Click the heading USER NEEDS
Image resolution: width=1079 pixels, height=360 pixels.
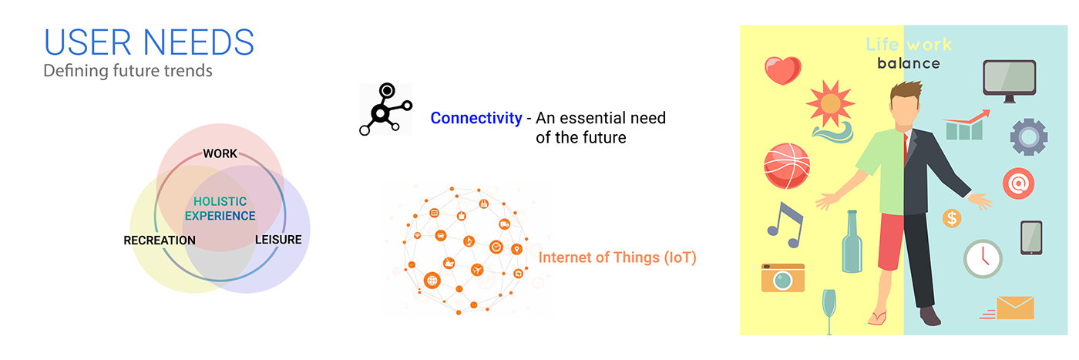pyautogui.click(x=149, y=42)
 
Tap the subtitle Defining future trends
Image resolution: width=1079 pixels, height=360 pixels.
pyautogui.click(x=127, y=71)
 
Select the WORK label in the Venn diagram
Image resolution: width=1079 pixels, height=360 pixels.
pyautogui.click(x=220, y=153)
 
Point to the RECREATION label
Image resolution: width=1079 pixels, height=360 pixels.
pyautogui.click(x=160, y=241)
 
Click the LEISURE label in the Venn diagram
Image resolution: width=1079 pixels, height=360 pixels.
pyautogui.click(x=278, y=240)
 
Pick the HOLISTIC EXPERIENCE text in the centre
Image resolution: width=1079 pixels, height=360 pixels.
pyautogui.click(x=220, y=209)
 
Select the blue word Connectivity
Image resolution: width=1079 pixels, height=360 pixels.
pyautogui.click(x=476, y=119)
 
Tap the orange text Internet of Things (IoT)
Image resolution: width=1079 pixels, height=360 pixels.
pyautogui.click(x=617, y=257)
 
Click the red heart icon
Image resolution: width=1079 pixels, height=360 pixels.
pyautogui.click(x=783, y=70)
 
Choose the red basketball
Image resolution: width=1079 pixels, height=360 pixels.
pyautogui.click(x=786, y=166)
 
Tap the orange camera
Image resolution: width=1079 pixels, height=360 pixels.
pyautogui.click(x=782, y=278)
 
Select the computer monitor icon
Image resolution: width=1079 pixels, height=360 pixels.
pyautogui.click(x=1009, y=79)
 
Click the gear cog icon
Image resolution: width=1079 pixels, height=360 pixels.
pyautogui.click(x=1028, y=137)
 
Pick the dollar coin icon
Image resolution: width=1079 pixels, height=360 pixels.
pyautogui.click(x=953, y=219)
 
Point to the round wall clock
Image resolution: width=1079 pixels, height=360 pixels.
pyautogui.click(x=983, y=259)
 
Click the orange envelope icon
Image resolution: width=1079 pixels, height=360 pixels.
pyautogui.click(x=1014, y=308)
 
